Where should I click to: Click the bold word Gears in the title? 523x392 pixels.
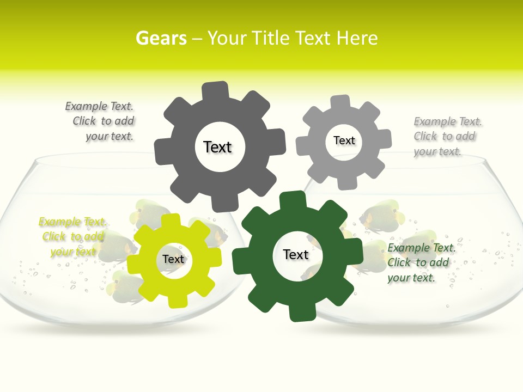pos(161,38)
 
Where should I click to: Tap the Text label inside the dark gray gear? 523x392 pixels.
pos(217,147)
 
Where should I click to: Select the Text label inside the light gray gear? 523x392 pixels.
pos(344,140)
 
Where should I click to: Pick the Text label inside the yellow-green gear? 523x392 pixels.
pos(173,259)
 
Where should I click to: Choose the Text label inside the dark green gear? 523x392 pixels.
pos(296,254)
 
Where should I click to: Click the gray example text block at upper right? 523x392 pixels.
pos(447,136)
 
